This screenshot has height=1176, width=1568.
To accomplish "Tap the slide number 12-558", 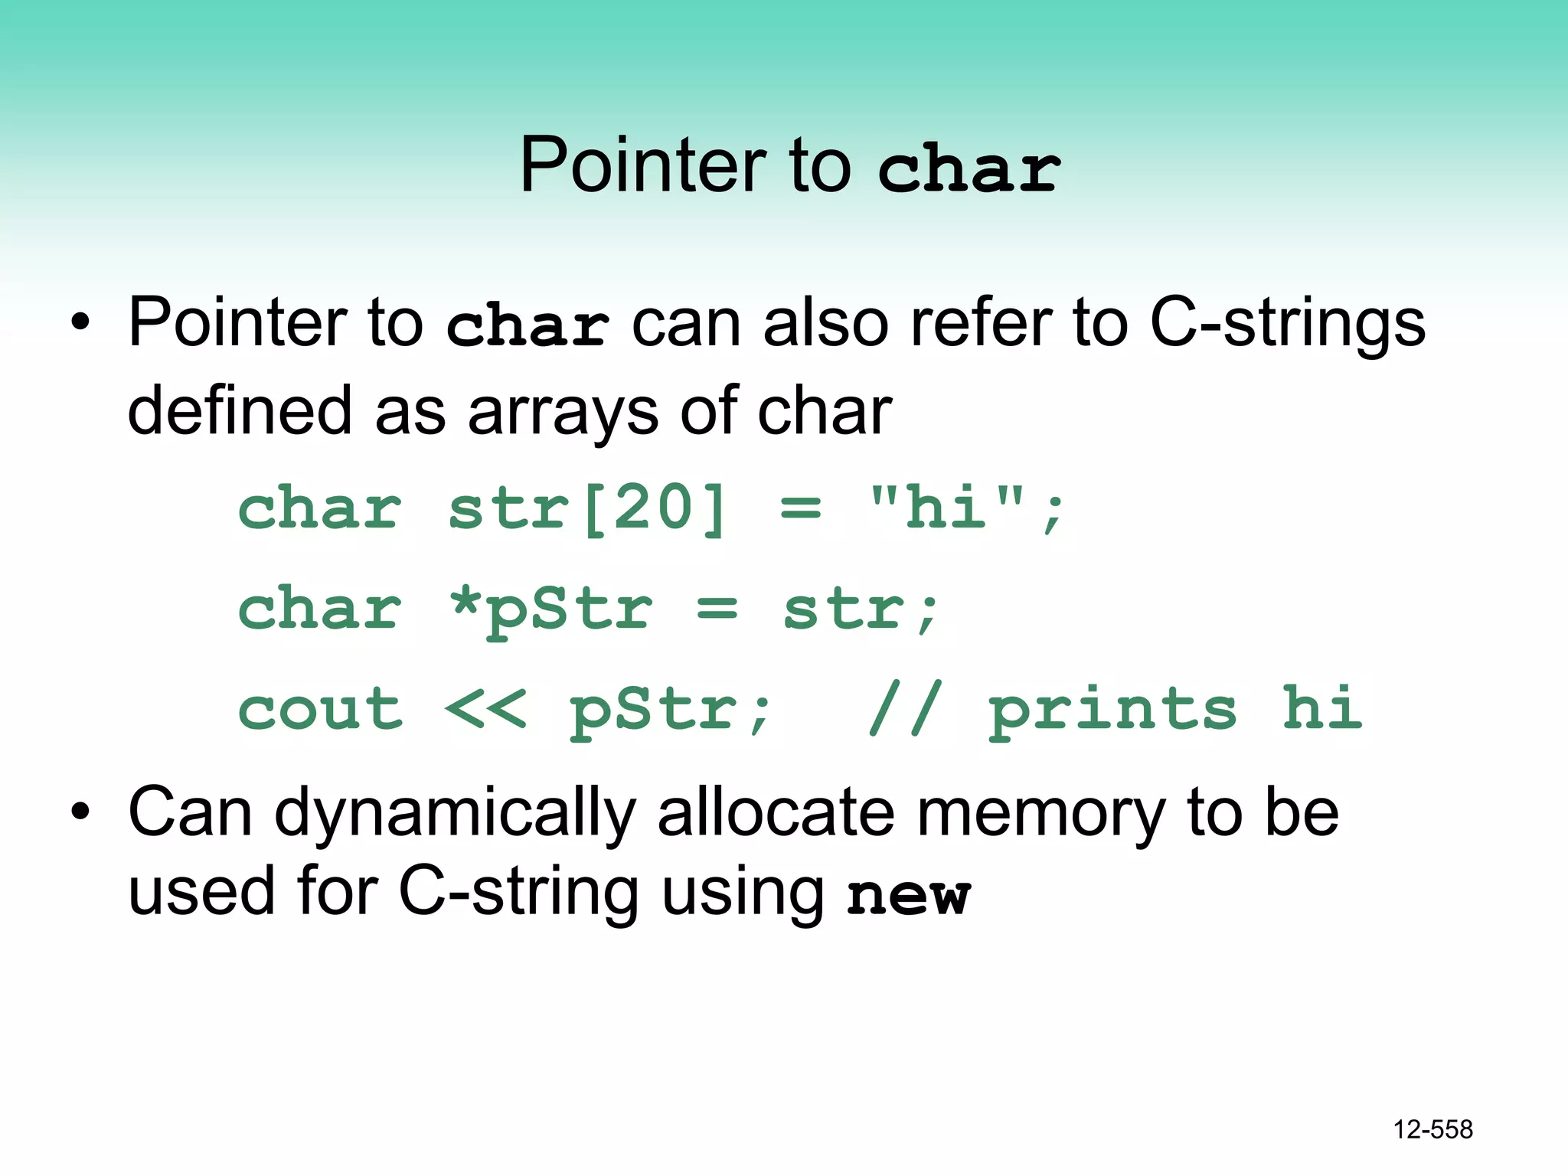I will [x=1432, y=1129].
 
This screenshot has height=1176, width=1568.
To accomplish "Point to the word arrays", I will [x=563, y=412].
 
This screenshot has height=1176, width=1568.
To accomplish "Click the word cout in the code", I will [x=320, y=709].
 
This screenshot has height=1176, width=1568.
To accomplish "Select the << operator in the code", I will [x=485, y=709].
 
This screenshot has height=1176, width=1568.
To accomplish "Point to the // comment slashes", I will [x=903, y=709].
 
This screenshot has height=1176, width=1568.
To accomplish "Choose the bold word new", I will [x=909, y=894].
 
